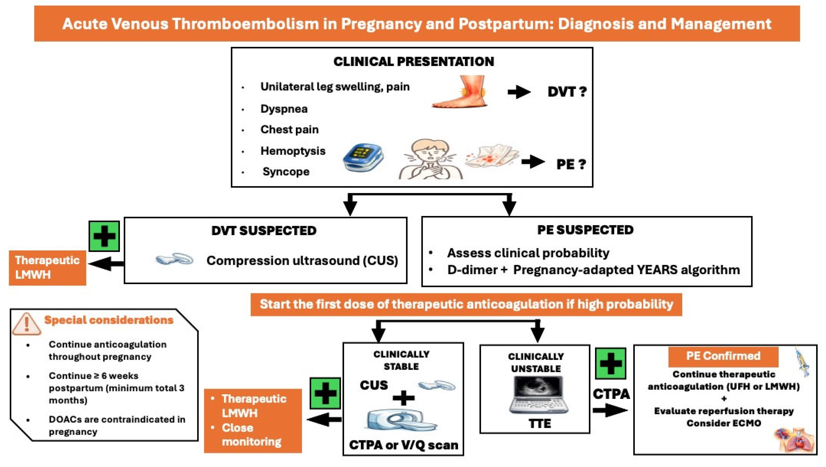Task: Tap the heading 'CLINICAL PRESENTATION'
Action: point(414,62)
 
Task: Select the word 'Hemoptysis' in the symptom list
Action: point(293,151)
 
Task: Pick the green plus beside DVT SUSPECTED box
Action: point(104,236)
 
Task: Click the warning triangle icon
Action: point(26,324)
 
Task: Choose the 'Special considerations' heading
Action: point(109,320)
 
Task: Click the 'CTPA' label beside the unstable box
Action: point(611,394)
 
